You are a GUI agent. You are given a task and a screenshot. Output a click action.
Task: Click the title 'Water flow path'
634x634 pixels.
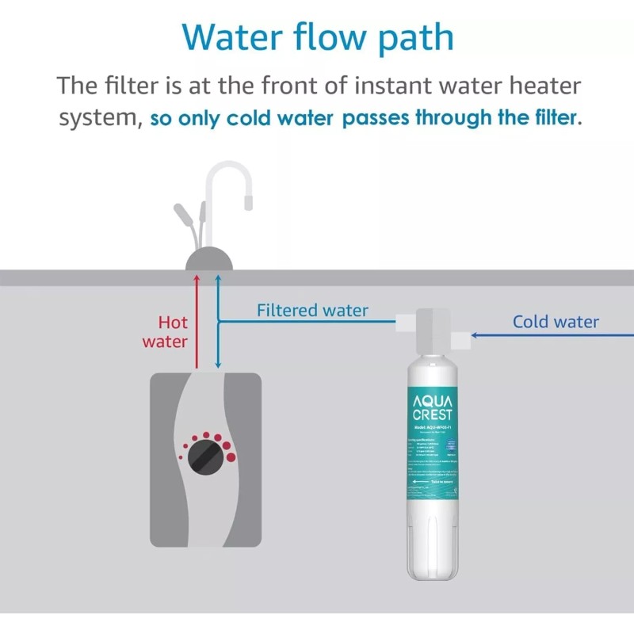(317, 37)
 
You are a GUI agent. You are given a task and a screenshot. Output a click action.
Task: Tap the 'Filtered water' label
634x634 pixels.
(312, 311)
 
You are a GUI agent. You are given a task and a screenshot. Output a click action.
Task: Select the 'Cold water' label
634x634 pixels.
(555, 322)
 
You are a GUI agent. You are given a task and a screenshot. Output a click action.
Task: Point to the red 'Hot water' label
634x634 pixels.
(166, 332)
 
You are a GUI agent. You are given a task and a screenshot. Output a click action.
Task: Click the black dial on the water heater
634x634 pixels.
(205, 456)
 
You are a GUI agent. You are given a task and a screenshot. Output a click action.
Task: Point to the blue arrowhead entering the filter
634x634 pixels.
(474, 335)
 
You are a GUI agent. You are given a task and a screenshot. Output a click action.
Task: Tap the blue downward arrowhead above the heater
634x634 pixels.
(218, 366)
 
